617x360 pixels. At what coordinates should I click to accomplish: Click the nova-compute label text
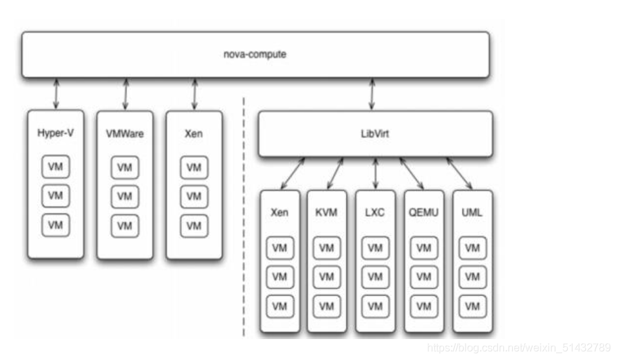(x=255, y=54)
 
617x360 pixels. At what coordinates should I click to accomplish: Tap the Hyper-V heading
(x=55, y=133)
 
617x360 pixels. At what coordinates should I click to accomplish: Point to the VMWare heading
(x=124, y=133)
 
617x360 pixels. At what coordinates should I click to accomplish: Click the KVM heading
(x=326, y=212)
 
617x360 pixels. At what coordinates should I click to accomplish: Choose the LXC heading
(x=375, y=212)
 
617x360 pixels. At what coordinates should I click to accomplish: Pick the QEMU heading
(x=424, y=212)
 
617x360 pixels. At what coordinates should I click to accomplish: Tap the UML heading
(x=472, y=212)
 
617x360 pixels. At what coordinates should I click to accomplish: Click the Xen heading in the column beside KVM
(x=278, y=212)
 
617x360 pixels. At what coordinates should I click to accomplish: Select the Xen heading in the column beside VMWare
(x=193, y=133)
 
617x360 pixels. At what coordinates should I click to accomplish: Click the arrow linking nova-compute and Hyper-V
(x=56, y=93)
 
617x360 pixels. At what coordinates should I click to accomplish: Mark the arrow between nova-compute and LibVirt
(x=372, y=93)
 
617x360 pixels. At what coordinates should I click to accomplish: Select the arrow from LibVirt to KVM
(x=336, y=174)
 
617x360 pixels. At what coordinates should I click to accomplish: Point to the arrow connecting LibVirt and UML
(x=459, y=174)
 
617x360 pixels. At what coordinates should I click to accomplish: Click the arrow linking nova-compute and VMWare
(x=125, y=93)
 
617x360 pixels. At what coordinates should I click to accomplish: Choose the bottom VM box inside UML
(x=472, y=306)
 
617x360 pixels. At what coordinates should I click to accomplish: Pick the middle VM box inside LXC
(x=375, y=277)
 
